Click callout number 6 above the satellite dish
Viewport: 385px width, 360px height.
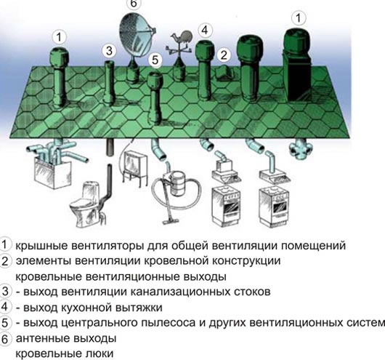click(x=133, y=3)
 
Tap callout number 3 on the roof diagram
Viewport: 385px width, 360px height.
click(x=109, y=50)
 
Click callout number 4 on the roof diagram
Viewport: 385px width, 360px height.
click(x=206, y=30)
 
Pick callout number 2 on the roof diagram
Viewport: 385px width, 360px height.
click(x=224, y=54)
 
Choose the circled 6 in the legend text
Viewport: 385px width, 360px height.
click(x=7, y=338)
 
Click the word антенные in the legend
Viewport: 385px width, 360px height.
click(x=43, y=338)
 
